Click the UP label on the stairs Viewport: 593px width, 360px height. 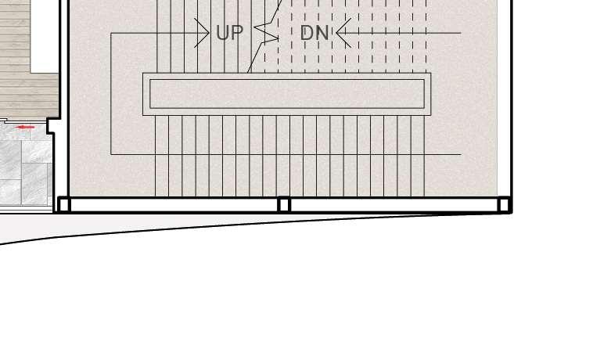[x=229, y=33]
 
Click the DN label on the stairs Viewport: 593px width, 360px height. [x=314, y=33]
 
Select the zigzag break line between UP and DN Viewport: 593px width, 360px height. [x=267, y=34]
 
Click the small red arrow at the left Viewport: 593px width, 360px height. [x=25, y=127]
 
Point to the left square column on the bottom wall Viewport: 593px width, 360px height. [x=64, y=204]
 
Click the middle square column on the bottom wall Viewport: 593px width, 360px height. [x=284, y=204]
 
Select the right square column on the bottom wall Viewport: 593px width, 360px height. [x=505, y=204]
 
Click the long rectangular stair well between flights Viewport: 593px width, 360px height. [x=287, y=94]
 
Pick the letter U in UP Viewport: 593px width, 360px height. [x=222, y=33]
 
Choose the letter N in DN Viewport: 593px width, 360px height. [x=322, y=33]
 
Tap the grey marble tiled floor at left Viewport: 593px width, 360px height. [x=23, y=168]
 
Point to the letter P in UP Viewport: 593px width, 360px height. [x=236, y=33]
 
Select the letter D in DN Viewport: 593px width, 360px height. [x=307, y=33]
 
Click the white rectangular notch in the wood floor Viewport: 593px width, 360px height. [x=44, y=35]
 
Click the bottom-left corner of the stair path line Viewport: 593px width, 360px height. [x=111, y=154]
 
